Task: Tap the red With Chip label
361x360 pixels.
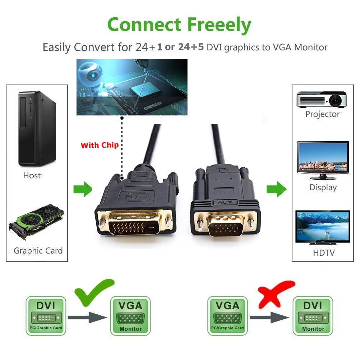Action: click(99, 145)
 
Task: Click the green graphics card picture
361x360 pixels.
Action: click(36, 222)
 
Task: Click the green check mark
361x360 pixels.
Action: click(94, 292)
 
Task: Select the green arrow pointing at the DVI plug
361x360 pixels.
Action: click(83, 189)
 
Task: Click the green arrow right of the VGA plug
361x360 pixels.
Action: click(276, 189)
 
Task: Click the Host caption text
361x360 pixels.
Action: click(32, 176)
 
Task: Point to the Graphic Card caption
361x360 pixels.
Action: click(38, 251)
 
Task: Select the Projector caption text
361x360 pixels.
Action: click(323, 114)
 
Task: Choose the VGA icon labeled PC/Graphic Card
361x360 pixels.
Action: click(227, 315)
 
